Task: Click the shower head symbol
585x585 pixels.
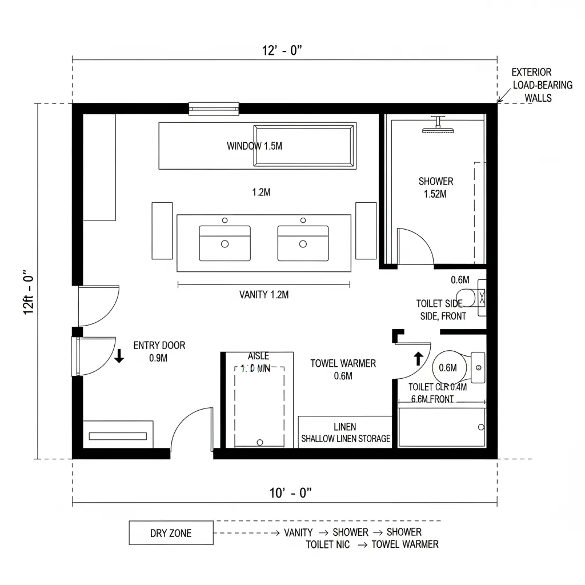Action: [x=438, y=127]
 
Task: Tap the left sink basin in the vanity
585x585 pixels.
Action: [x=225, y=243]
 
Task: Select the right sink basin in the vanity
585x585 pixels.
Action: [x=303, y=243]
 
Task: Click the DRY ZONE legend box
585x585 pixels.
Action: [x=171, y=533]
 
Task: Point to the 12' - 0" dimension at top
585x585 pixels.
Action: [x=282, y=50]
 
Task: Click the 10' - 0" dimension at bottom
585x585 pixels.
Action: [x=290, y=494]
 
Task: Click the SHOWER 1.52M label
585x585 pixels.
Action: [x=435, y=187]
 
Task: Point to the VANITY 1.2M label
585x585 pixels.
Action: [x=263, y=295]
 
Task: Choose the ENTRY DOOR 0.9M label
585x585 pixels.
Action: [x=159, y=351]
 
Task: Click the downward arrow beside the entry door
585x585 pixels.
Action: [x=119, y=356]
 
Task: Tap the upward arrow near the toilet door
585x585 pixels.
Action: [x=418, y=358]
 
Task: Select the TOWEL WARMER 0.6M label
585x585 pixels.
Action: [x=343, y=369]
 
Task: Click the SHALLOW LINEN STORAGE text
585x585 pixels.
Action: [x=346, y=439]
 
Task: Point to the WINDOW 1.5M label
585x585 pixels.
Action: [x=254, y=146]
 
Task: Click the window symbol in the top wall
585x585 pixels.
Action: [x=214, y=108]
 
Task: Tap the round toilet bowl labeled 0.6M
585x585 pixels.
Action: [x=448, y=367]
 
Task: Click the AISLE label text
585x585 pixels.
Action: [x=258, y=356]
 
